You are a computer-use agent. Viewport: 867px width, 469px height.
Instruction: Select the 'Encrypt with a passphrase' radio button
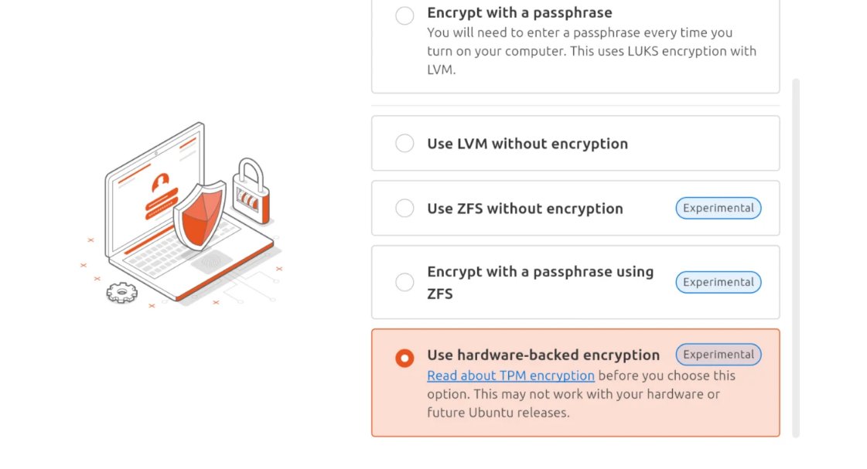pyautogui.click(x=404, y=15)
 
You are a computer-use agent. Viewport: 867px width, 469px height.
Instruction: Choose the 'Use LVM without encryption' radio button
pyautogui.click(x=404, y=143)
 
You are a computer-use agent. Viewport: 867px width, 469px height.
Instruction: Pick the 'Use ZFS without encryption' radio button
pyautogui.click(x=404, y=208)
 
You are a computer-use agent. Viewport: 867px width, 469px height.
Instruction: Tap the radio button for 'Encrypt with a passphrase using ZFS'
pyautogui.click(x=404, y=282)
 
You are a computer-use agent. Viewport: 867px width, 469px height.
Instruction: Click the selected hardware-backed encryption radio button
pyautogui.click(x=404, y=358)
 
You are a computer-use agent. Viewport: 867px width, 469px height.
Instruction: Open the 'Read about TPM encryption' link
pyautogui.click(x=510, y=376)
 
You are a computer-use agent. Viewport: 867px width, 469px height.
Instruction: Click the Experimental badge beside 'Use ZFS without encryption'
pyautogui.click(x=718, y=208)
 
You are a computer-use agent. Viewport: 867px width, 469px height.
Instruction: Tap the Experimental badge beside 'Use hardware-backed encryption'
pyautogui.click(x=718, y=355)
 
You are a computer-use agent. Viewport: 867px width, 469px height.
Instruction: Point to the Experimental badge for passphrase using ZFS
pyautogui.click(x=718, y=282)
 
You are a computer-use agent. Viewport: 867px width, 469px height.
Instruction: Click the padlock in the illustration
pyautogui.click(x=251, y=192)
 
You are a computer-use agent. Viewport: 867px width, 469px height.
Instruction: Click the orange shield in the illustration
pyautogui.click(x=199, y=214)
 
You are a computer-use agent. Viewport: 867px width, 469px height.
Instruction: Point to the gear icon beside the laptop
pyautogui.click(x=121, y=293)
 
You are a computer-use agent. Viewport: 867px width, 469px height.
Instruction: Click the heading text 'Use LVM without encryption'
pyautogui.click(x=527, y=144)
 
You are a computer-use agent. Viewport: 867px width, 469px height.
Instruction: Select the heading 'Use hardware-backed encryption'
pyautogui.click(x=543, y=355)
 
